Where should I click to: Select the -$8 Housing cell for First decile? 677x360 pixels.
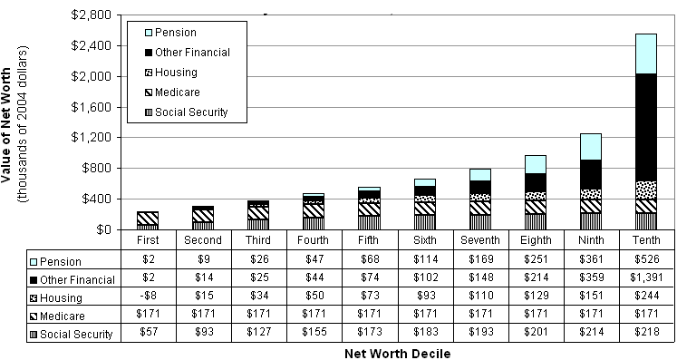pos(147,297)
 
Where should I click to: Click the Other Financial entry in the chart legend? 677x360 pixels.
pos(191,53)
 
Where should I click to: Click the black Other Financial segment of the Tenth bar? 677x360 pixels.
pos(645,127)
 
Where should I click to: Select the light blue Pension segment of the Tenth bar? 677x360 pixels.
pos(645,54)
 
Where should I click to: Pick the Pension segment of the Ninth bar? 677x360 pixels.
pos(590,146)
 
